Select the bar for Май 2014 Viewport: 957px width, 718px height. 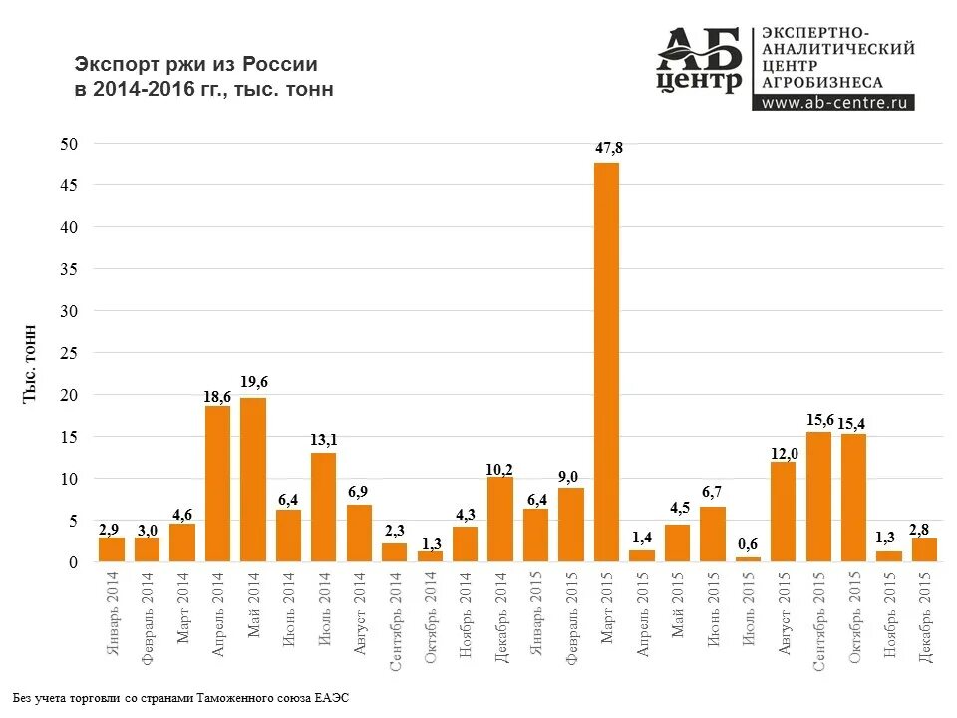click(x=253, y=480)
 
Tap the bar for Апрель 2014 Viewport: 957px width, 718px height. click(x=217, y=484)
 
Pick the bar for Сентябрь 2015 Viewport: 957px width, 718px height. click(x=818, y=497)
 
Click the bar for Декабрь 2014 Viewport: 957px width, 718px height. click(x=500, y=520)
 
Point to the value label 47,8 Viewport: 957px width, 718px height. click(x=608, y=148)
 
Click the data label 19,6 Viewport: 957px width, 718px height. click(x=254, y=382)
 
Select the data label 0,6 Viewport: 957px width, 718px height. click(x=748, y=543)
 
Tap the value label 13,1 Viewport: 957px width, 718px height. click(x=324, y=438)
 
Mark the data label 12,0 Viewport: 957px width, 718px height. click(x=784, y=454)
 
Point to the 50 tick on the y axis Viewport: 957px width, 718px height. click(x=69, y=144)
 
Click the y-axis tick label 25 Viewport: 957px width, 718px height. click(x=69, y=353)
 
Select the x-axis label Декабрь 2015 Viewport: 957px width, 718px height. click(x=925, y=616)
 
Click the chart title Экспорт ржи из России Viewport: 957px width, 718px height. click(x=196, y=64)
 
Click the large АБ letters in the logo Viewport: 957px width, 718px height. click(x=699, y=48)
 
